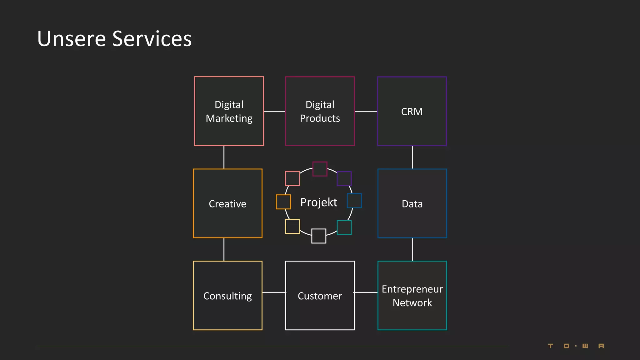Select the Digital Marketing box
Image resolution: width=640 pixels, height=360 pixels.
229,111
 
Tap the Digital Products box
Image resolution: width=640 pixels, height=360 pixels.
320,111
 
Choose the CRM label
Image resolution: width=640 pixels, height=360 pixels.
412,112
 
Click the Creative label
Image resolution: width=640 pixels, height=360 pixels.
227,204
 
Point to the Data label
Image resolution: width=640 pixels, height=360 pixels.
412,204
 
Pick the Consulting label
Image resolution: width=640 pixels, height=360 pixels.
227,296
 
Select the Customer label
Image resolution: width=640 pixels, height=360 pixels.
320,296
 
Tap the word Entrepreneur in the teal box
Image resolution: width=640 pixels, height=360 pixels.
412,289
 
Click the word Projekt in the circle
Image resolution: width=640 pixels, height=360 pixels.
318,202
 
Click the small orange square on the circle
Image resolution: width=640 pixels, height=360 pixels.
283,202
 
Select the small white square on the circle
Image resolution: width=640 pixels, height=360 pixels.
318,236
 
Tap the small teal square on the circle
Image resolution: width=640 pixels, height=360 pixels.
344,227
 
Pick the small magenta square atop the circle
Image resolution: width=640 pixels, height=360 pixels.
320,169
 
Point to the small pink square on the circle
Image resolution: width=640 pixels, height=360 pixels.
292,178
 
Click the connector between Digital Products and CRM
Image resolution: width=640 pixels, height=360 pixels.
366,111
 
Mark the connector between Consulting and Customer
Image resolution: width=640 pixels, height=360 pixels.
274,292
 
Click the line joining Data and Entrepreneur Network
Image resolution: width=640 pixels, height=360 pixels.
412,249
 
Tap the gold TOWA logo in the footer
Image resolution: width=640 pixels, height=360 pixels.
576,346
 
